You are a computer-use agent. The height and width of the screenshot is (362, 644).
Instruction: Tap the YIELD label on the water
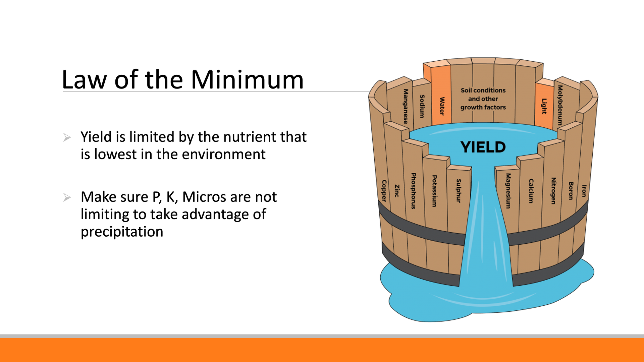coord(483,147)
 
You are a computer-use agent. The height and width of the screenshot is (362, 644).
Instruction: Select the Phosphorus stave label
coord(414,191)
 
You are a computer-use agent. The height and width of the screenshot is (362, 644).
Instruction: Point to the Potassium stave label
coord(434,191)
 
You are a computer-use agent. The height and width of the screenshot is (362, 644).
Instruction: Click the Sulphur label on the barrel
coord(459,191)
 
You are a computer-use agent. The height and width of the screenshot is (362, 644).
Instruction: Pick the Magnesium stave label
coord(508,191)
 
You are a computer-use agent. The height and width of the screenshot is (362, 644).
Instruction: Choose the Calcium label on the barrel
coord(531,191)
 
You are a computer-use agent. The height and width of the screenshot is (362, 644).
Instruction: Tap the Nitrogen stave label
coord(553,191)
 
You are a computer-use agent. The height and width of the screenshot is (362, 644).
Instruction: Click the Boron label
coord(571,191)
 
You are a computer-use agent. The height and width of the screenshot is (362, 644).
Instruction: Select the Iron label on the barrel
coord(584,191)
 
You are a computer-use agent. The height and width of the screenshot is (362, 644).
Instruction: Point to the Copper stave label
coord(384,191)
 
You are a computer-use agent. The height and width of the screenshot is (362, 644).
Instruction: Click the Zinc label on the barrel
coord(397,191)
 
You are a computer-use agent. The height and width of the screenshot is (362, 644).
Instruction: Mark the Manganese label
coord(406,106)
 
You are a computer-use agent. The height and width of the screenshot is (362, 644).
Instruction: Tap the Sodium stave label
coord(422,106)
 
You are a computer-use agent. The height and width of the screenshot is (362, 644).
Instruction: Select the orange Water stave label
coord(442,106)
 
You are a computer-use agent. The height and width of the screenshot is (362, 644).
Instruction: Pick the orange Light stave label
coord(544,106)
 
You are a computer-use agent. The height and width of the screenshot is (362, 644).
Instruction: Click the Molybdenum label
coord(560,105)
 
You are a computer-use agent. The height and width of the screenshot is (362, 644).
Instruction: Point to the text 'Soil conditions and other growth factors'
coord(483,99)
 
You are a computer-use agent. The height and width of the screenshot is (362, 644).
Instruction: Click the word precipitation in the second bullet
coord(122,232)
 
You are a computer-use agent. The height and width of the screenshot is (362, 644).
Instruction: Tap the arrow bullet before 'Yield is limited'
coord(67,137)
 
